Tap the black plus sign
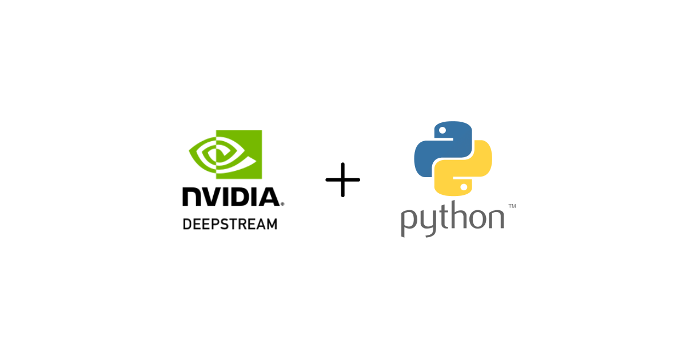tap(343, 180)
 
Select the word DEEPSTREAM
tap(230, 223)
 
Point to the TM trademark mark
tap(512, 206)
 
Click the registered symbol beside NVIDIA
tap(282, 203)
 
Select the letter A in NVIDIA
tap(267, 196)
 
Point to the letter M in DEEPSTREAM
tap(272, 223)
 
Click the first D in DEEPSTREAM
tap(186, 223)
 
